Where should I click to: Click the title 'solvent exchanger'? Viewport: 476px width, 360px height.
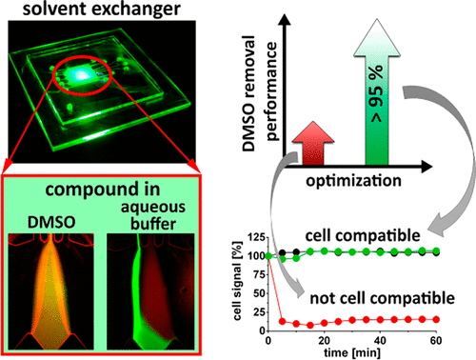click(x=102, y=10)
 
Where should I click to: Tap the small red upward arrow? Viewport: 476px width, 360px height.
click(x=313, y=143)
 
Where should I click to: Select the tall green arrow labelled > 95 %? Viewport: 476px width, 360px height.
click(x=377, y=92)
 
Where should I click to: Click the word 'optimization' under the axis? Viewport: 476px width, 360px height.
click(x=353, y=181)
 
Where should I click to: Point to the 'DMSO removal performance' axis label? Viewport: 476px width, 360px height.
click(x=259, y=93)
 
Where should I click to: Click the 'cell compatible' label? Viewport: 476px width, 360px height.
click(x=363, y=235)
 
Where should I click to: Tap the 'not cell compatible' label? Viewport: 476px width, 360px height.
click(x=382, y=298)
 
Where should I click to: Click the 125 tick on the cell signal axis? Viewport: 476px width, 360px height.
click(x=256, y=237)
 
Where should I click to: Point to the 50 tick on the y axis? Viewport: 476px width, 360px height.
click(x=259, y=293)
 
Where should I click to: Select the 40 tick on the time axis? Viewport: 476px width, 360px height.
click(x=380, y=341)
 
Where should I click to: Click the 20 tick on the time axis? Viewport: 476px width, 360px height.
click(x=324, y=341)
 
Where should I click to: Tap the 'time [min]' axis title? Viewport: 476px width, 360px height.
click(x=352, y=352)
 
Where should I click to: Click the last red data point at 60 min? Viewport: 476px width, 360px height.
click(x=436, y=319)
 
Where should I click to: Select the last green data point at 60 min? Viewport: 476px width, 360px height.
click(x=436, y=250)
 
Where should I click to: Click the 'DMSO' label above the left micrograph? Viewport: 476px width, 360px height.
click(x=51, y=222)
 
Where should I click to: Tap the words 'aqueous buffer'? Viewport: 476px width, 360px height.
click(x=153, y=215)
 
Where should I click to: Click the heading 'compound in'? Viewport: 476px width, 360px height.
click(x=102, y=190)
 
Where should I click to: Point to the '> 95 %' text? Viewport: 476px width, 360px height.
click(x=377, y=93)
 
